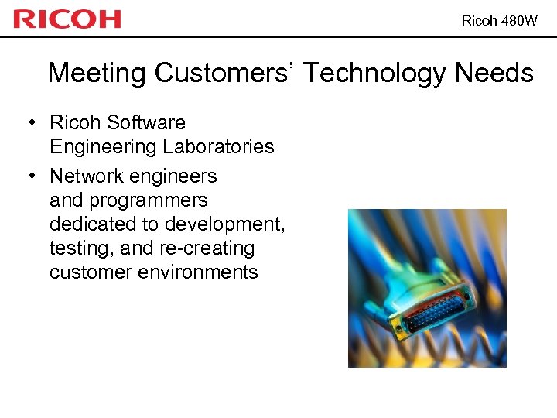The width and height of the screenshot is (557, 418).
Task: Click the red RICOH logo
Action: [67, 19]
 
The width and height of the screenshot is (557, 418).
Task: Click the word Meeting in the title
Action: [97, 74]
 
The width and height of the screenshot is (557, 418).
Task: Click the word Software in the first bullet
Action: [146, 122]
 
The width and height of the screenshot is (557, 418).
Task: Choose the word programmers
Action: [149, 200]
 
